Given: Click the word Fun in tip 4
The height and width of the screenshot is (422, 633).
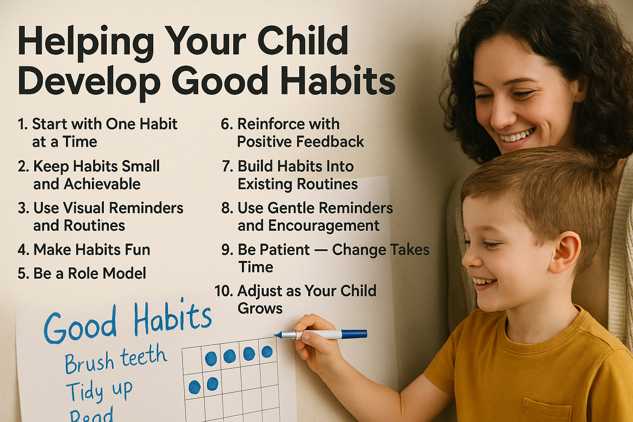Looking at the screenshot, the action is tap(137, 250).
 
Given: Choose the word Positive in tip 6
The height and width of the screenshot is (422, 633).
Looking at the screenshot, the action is tap(264, 142).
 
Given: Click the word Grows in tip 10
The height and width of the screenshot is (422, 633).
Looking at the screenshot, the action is tap(260, 309).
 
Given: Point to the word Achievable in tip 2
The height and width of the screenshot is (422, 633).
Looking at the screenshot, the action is tap(102, 184).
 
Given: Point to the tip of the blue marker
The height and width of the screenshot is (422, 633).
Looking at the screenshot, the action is tap(275, 335).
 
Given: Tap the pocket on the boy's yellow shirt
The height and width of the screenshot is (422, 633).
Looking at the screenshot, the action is tap(545, 410).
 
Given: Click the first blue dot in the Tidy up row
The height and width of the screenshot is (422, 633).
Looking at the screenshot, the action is tap(195, 387).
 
